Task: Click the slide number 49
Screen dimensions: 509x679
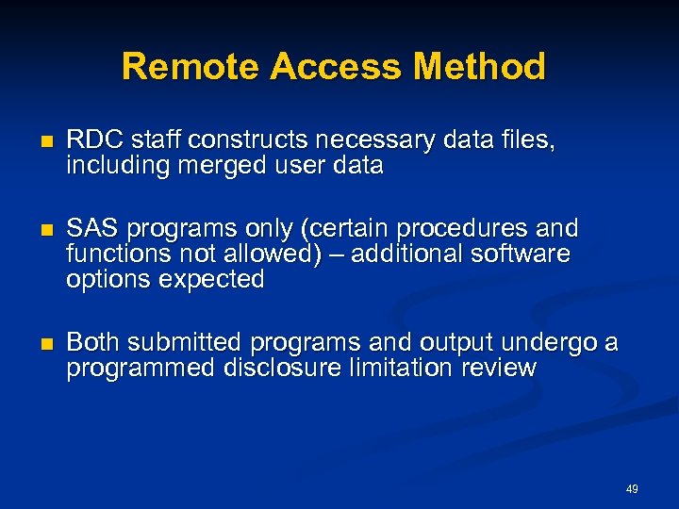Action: click(x=632, y=488)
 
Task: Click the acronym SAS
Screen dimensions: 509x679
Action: click(x=92, y=229)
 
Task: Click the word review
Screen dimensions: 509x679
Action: click(x=501, y=368)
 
